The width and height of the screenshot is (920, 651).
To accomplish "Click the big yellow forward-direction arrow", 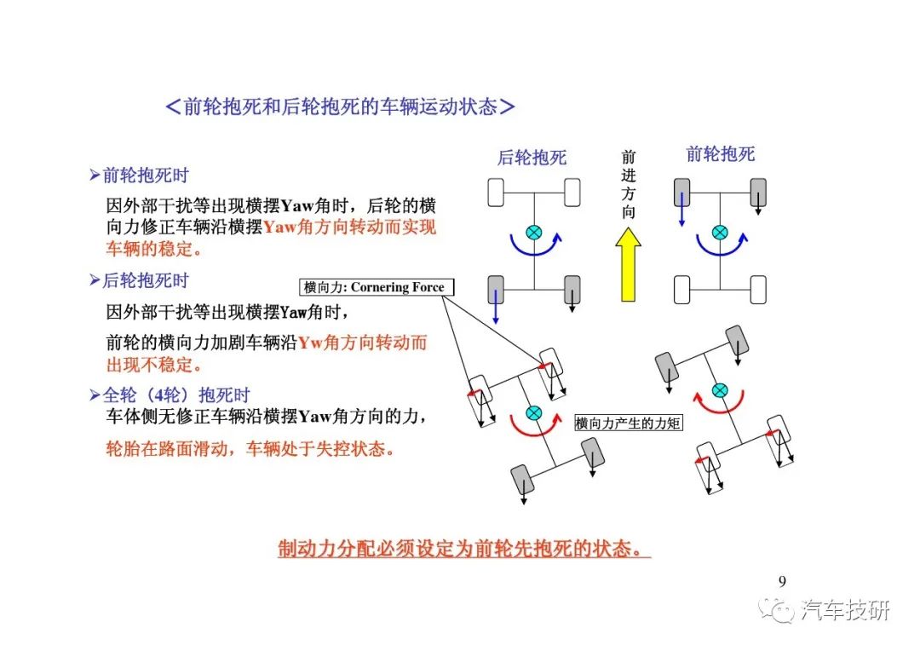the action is [628, 265].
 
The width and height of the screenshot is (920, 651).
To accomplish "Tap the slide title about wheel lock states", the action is [340, 107].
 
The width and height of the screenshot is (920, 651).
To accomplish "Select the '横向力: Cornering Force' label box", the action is [377, 287].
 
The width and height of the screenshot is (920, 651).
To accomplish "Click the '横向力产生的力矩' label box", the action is [628, 423].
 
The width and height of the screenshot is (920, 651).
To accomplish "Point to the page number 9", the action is [782, 581].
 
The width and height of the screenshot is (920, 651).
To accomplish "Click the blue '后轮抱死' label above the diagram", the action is [532, 158].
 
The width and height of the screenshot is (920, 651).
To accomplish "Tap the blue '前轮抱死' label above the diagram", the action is [720, 154].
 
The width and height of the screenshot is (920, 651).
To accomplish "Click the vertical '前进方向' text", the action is [629, 184].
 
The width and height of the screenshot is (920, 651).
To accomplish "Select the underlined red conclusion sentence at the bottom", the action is [464, 549].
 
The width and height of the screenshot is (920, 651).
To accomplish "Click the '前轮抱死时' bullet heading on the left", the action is [139, 175].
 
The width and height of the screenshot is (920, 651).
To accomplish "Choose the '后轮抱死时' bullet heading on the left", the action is [139, 280].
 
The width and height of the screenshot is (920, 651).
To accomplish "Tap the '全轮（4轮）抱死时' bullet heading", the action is [170, 395].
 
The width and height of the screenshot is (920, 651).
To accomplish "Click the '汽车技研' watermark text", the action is [846, 610].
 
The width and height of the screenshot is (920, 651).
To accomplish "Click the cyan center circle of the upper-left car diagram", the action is [533, 233].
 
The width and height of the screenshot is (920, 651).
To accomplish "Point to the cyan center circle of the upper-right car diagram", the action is [720, 233].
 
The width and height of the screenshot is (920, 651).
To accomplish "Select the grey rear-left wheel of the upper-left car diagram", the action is [496, 290].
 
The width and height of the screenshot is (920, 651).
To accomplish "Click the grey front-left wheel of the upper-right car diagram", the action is [681, 193].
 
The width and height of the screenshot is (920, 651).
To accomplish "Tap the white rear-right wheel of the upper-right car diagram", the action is [758, 290].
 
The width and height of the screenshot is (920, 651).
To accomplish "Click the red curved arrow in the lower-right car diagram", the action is [719, 404].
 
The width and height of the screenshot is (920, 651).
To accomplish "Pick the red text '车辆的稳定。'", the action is [154, 249].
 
